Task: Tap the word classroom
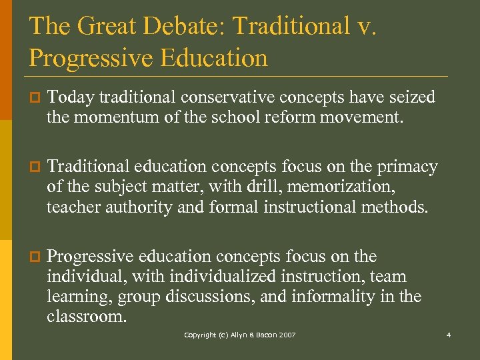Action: tap(85, 317)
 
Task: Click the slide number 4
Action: tap(449, 335)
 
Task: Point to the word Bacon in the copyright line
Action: tap(261, 335)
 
